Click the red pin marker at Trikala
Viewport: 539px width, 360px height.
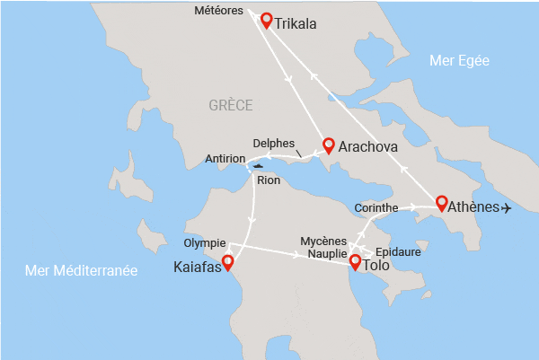(266, 20)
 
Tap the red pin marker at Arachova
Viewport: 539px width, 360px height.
(329, 144)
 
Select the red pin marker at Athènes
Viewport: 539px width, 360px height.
(442, 202)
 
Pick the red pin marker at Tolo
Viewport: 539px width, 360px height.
(355, 262)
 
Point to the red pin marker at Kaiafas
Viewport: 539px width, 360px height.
(227, 262)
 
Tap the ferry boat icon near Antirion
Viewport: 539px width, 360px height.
(258, 166)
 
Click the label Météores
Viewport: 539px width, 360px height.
(220, 11)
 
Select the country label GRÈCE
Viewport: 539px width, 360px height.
(231, 105)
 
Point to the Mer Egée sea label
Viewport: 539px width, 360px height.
(459, 61)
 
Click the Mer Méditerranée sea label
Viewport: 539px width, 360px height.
(81, 269)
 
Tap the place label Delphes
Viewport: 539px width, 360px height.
(274, 143)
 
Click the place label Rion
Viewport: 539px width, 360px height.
(269, 180)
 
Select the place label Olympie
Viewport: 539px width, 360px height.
(204, 243)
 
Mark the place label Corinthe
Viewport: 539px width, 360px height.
(376, 207)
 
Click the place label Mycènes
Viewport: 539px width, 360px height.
(323, 241)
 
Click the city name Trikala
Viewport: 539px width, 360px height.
(298, 24)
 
